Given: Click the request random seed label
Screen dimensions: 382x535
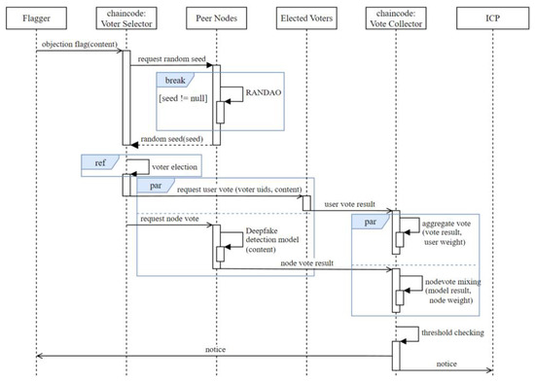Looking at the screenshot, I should click(170, 61).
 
